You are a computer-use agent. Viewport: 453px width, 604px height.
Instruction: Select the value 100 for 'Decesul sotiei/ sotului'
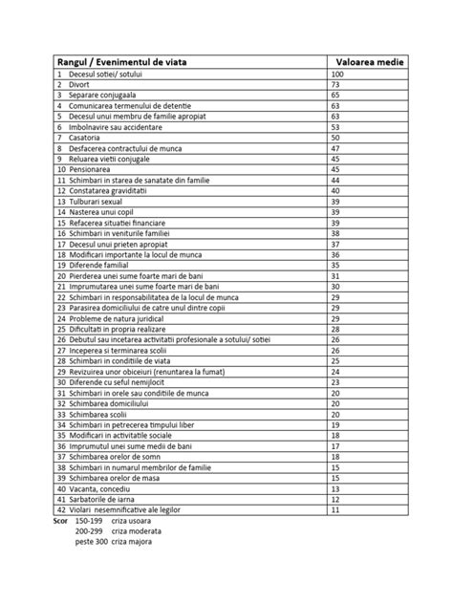pyautogui.click(x=337, y=74)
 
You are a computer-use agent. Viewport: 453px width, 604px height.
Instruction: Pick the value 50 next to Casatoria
pyautogui.click(x=335, y=138)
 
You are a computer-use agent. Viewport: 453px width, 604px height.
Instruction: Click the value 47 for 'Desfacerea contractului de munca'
pyautogui.click(x=335, y=148)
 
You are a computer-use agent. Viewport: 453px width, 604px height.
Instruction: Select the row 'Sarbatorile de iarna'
pyautogui.click(x=101, y=498)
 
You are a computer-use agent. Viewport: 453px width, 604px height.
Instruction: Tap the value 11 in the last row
pyautogui.click(x=335, y=509)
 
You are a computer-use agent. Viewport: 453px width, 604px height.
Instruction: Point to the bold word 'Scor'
pyautogui.click(x=57, y=520)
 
